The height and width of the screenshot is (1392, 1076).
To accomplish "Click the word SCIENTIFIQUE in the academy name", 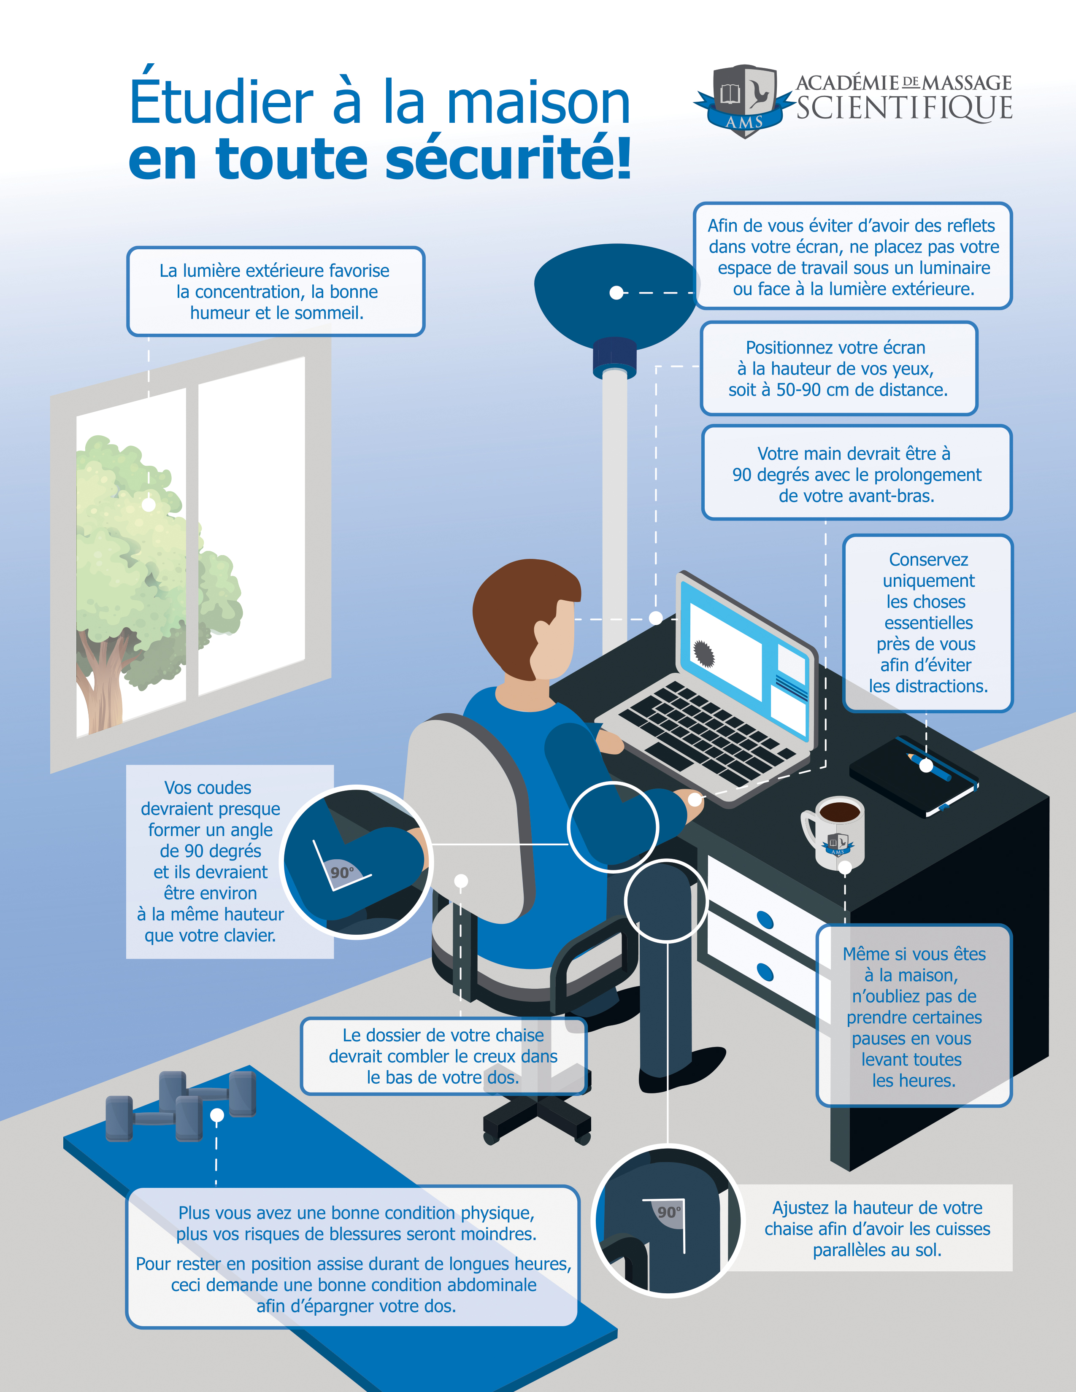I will [x=904, y=108].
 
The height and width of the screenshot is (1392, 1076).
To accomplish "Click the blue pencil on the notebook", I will [x=933, y=767].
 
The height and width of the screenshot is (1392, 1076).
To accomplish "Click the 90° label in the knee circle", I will [x=669, y=1211].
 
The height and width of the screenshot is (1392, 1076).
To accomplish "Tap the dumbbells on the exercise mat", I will [x=182, y=1106].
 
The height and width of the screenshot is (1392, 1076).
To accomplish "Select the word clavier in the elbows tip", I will [x=246, y=936].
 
